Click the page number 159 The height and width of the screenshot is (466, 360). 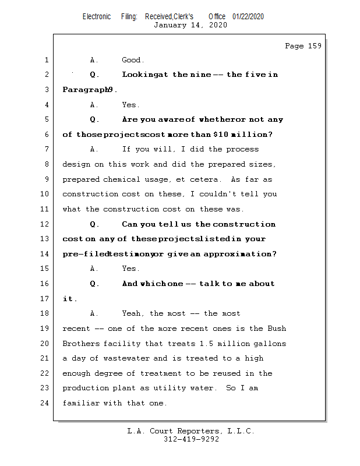(313, 46)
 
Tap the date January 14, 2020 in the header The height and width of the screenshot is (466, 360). (190, 25)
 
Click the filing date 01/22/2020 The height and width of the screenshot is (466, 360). (248, 16)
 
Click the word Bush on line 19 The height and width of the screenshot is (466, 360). (277, 329)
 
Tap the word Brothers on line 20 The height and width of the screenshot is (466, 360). (80, 344)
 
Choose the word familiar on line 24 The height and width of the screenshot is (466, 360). (80, 403)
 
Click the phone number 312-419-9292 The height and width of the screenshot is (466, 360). (191, 439)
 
